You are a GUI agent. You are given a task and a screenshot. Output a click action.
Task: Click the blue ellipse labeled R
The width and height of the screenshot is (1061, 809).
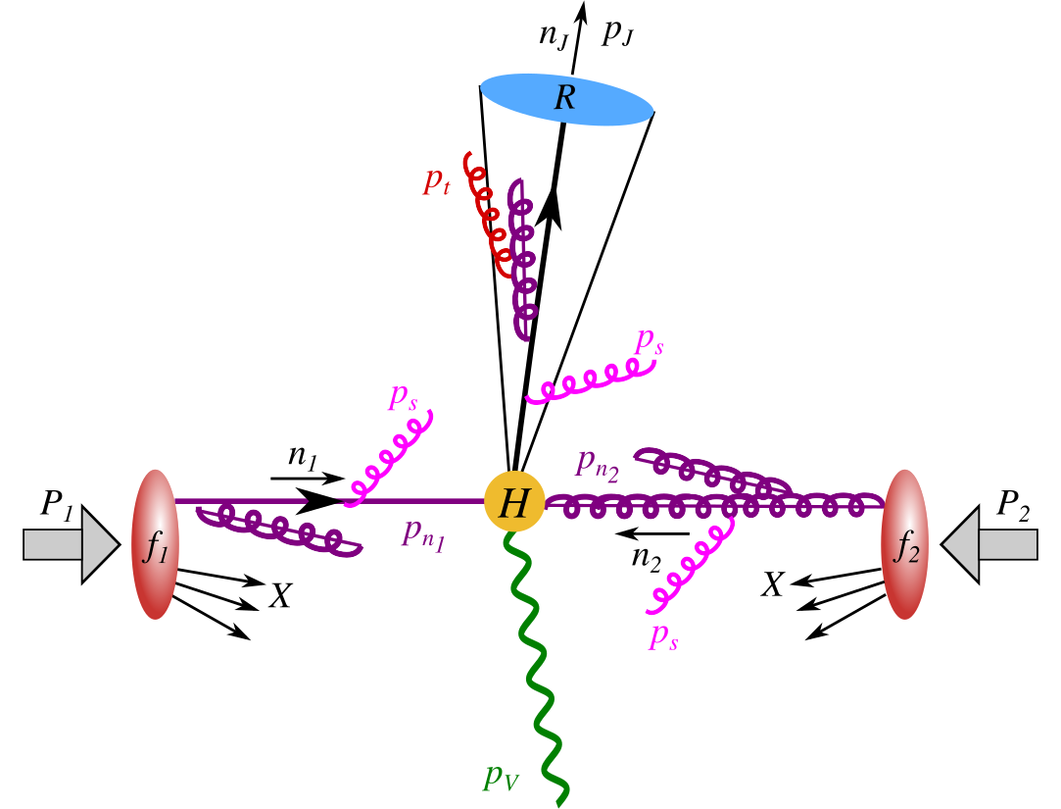566,99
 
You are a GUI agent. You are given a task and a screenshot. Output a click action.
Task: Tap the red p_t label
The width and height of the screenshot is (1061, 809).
436,180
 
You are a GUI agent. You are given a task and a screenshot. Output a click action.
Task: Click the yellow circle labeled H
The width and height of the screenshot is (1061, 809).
513,503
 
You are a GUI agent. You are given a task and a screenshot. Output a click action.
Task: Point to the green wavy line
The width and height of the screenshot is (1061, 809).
537,667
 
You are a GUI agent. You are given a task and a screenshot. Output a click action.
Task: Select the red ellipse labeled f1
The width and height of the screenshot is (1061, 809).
155,543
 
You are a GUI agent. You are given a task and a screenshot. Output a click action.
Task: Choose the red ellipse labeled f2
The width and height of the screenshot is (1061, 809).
903,543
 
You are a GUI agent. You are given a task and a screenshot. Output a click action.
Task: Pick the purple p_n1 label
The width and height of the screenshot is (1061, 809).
422,534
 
